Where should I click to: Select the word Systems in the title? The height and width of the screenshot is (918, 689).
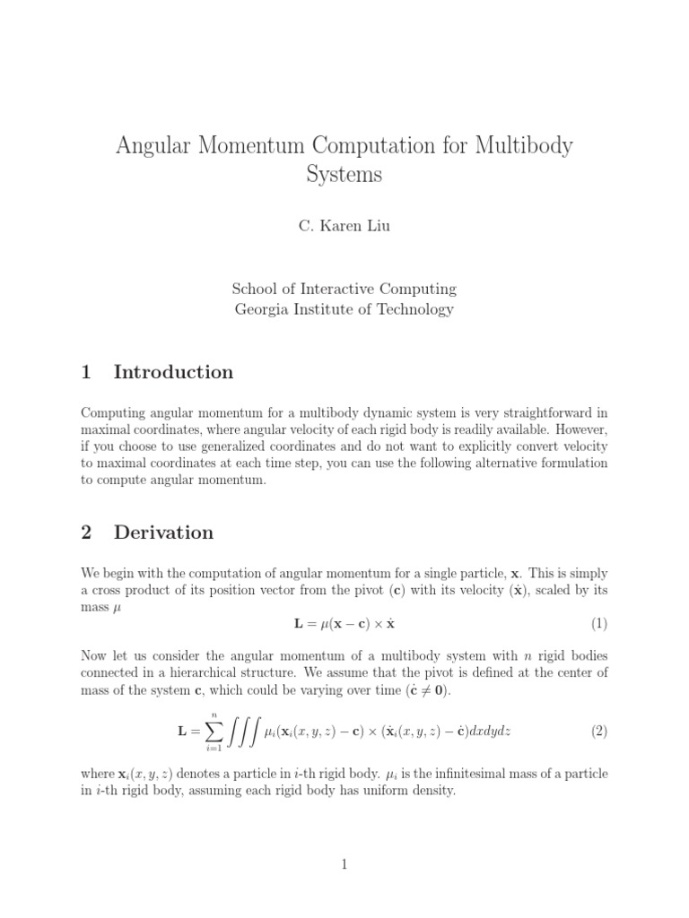point(344,174)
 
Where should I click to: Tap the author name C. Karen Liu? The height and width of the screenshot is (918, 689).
point(344,226)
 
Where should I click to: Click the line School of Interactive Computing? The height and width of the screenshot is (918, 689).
point(344,289)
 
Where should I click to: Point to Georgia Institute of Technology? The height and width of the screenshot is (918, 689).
point(344,310)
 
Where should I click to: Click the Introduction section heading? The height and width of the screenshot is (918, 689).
point(173,372)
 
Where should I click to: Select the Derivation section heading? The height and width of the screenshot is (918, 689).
point(163,533)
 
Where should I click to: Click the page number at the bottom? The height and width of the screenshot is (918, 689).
point(344,864)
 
